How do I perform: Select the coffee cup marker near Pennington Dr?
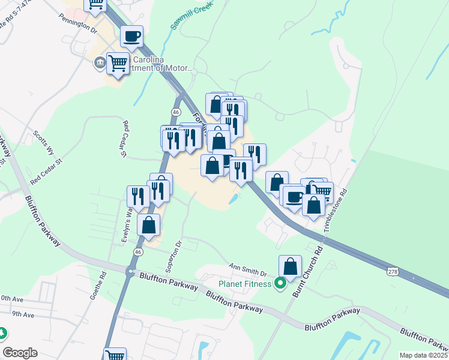point(131,37)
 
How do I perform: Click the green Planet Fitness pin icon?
point(280,284)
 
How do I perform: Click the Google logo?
point(20,353)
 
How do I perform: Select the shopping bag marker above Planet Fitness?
point(290,266)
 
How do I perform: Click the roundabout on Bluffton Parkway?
point(130,272)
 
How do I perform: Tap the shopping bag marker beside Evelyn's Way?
point(149,225)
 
